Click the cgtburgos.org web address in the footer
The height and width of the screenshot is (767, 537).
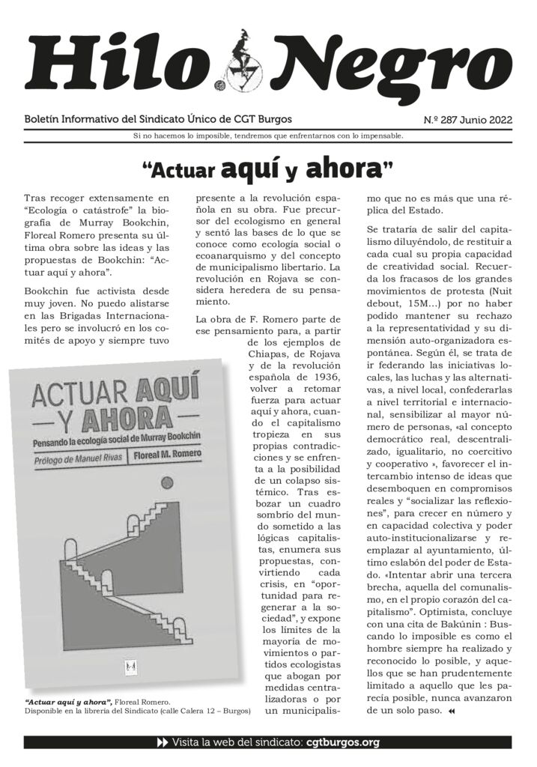click(342, 743)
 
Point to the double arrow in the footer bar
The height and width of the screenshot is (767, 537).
click(162, 743)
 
